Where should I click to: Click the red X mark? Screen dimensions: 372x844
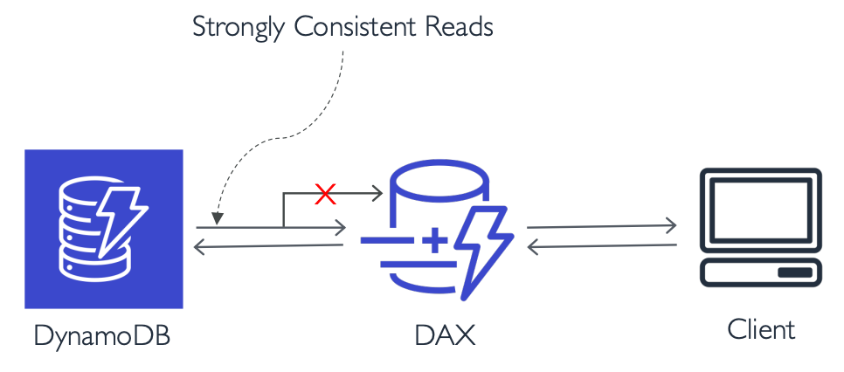tap(325, 195)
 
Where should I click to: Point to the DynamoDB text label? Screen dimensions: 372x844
tap(102, 334)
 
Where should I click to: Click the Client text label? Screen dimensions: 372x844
tap(762, 329)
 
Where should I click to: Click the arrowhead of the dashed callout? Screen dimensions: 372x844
tap(216, 218)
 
